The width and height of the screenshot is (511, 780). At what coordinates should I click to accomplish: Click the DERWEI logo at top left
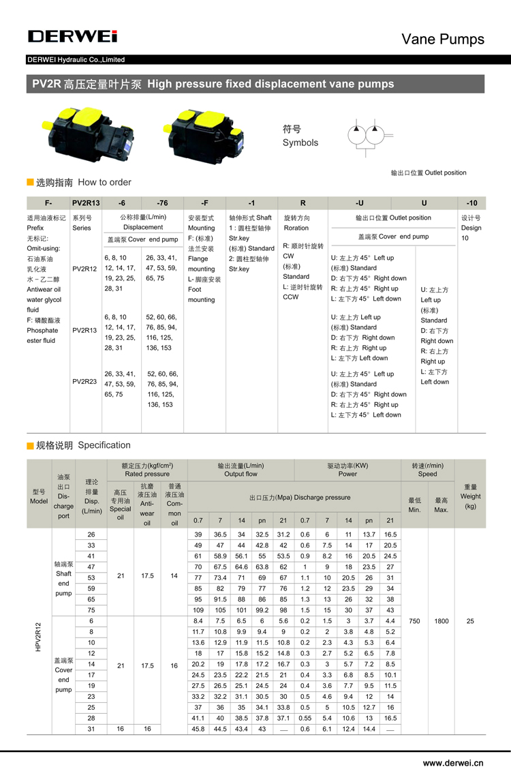[x=73, y=36]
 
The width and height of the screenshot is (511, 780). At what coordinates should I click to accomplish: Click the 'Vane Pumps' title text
[x=443, y=39]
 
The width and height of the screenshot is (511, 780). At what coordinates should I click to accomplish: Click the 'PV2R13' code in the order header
[x=86, y=202]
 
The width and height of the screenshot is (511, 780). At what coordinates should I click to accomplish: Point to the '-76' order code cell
[x=161, y=202]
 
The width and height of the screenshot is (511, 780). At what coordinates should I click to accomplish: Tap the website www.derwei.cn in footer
[x=453, y=763]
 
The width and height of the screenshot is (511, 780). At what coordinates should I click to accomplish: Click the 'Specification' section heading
[x=104, y=445]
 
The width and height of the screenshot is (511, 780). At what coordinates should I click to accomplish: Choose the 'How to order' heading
[x=104, y=182]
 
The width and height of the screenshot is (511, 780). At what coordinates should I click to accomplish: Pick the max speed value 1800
[x=441, y=621]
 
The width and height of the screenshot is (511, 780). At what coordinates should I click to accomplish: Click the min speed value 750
[x=414, y=621]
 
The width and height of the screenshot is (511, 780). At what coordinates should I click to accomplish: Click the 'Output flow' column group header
[x=241, y=470]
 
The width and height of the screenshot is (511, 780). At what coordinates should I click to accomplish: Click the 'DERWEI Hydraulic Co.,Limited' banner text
[x=76, y=60]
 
